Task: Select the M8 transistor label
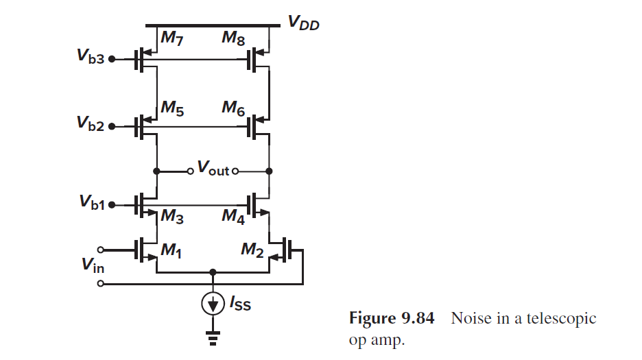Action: click(233, 39)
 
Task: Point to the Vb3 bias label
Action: click(91, 59)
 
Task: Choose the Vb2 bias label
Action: click(91, 126)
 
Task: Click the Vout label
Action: click(213, 167)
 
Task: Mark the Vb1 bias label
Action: click(91, 204)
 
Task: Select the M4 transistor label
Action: click(233, 217)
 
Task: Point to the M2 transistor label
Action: click(252, 251)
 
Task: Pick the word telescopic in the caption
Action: click(565, 319)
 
